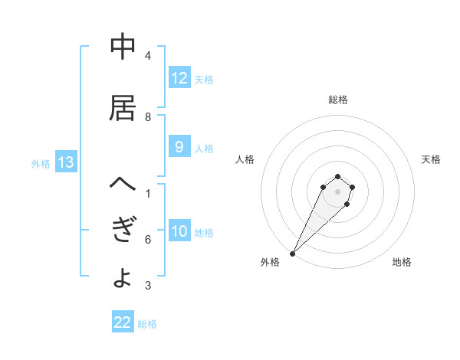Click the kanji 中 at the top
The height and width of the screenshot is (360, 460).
click(123, 47)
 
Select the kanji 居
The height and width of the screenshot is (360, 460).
click(123, 109)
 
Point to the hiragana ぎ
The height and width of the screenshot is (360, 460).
click(123, 231)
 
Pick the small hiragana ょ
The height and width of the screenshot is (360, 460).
click(122, 279)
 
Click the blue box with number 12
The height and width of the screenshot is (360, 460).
click(179, 78)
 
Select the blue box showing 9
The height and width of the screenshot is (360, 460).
click(179, 148)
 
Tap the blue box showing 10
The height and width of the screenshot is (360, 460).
click(179, 232)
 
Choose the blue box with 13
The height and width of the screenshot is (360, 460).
click(65, 162)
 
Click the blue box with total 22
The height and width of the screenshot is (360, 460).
click(123, 322)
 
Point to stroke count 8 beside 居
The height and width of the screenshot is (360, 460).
click(148, 117)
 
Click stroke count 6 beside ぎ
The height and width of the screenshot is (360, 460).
click(148, 240)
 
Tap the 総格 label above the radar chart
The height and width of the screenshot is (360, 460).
click(337, 100)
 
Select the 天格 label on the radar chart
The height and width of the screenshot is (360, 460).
click(432, 159)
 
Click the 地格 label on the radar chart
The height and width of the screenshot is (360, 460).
click(402, 262)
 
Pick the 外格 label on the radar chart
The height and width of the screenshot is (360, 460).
click(270, 262)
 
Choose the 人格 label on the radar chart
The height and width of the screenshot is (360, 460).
click(245, 159)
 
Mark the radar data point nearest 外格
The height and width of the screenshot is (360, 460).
click(292, 254)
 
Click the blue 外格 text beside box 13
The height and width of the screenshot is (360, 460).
click(41, 163)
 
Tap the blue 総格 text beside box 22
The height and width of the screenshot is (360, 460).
click(147, 323)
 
